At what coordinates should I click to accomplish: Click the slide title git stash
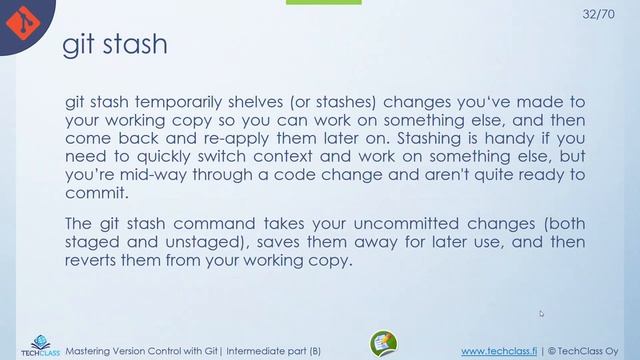[115, 45]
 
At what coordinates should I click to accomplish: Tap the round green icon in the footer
[384, 344]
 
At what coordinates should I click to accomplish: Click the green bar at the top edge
[323, 3]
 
